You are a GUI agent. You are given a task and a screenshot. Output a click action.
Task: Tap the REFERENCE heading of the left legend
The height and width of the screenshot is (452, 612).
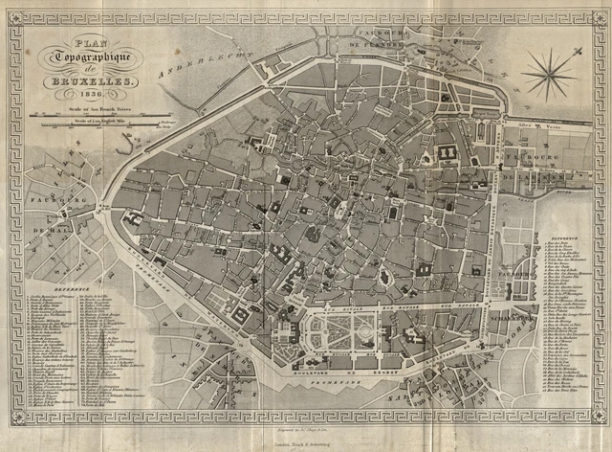[73, 286]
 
